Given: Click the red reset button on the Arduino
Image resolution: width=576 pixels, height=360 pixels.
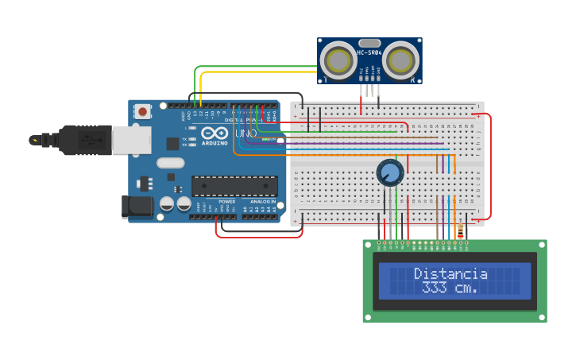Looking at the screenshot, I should tap(142, 112).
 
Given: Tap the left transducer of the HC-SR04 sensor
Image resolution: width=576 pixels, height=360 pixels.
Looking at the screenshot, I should tap(339, 60).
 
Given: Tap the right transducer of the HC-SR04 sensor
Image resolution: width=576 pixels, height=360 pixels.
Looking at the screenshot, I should tap(401, 60).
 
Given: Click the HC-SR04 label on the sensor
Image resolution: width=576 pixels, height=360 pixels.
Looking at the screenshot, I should tap(369, 53).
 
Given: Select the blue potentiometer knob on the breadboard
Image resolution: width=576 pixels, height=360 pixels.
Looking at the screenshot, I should tap(390, 172).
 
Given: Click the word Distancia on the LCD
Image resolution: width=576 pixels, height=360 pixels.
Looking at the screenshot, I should tap(450, 273).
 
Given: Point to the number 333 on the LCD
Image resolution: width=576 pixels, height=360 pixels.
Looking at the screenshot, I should tap(434, 288).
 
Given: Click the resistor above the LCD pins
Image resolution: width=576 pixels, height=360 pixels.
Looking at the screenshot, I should tap(462, 230).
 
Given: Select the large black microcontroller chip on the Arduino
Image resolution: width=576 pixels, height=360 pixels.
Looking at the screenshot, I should tap(234, 186).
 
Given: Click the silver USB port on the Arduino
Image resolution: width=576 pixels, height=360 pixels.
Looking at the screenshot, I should tap(131, 141).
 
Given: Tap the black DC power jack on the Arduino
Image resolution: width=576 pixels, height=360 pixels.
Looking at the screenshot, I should tap(136, 207).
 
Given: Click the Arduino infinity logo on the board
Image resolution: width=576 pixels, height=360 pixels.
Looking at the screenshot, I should tap(215, 134).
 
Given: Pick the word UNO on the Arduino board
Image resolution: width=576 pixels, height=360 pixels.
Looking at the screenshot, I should tap(245, 134).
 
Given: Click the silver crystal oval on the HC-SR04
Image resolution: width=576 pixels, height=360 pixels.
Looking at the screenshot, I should tap(369, 43).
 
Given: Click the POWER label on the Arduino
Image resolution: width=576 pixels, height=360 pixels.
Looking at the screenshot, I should tap(226, 202).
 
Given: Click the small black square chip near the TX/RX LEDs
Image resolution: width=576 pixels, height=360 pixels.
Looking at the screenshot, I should tap(172, 144).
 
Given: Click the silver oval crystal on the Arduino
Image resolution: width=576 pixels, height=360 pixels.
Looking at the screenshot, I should tap(170, 163).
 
